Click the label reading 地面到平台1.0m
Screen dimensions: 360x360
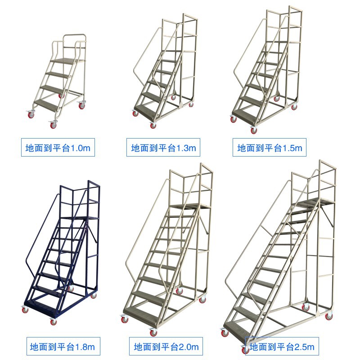click(x=58, y=148)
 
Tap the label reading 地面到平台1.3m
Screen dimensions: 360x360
click(x=163, y=148)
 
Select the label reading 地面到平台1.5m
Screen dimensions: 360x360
click(x=270, y=148)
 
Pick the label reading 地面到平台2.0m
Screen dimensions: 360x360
click(x=166, y=346)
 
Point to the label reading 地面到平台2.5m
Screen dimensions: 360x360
click(x=282, y=346)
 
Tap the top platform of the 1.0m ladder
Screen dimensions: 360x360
click(x=68, y=61)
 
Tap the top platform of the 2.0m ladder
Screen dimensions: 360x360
click(x=190, y=206)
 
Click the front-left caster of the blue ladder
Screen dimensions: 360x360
click(x=25, y=309)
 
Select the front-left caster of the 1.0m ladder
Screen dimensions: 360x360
click(x=31, y=114)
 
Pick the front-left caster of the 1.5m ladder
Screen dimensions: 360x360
click(x=233, y=119)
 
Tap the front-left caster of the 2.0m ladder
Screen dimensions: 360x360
click(x=125, y=319)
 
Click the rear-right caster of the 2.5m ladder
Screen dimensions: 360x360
click(x=328, y=316)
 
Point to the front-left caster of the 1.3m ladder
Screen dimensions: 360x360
click(x=135, y=113)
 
